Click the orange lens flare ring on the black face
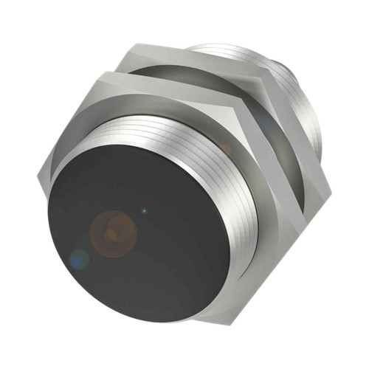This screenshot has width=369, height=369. click(112, 230)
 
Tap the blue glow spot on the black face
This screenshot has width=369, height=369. click(79, 258)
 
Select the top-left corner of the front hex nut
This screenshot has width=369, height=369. click(108, 72)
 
